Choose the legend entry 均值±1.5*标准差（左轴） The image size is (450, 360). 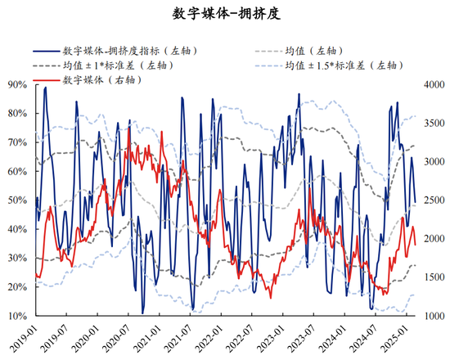(335, 65)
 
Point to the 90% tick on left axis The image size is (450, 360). (16, 84)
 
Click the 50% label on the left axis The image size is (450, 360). (16, 200)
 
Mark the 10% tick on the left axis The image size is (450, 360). (16, 316)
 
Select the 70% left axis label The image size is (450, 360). (16, 142)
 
